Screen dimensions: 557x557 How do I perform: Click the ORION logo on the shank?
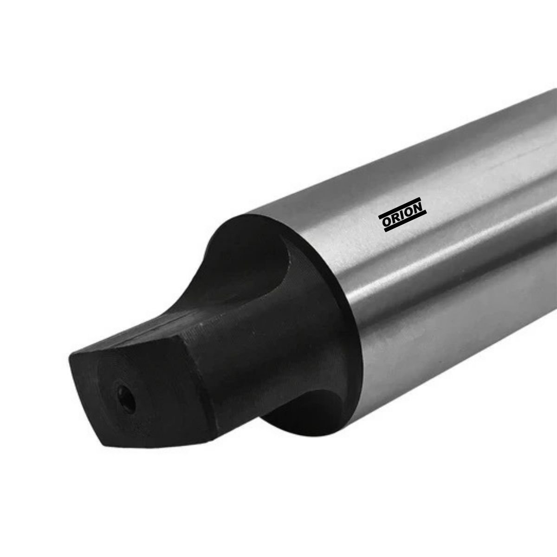(402, 217)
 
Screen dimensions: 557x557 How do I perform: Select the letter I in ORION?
(402, 217)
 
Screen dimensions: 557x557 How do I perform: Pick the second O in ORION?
(409, 214)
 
